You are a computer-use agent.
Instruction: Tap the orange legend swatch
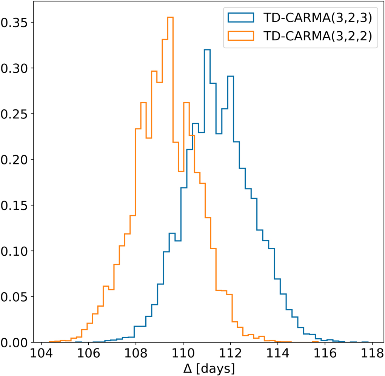240,36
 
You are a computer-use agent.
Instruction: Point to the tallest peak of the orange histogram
170,17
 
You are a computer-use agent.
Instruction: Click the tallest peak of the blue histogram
207,50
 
